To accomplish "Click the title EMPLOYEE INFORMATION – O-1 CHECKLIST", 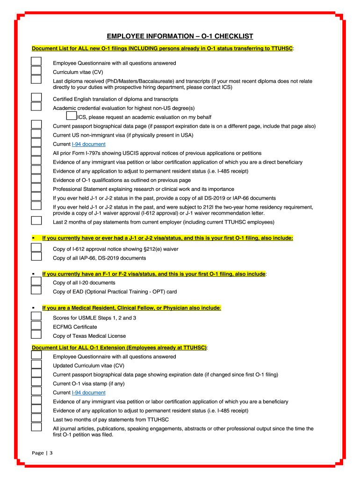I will click(180, 36).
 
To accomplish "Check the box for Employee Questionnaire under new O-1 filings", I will click(36, 62).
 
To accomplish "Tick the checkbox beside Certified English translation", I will click(36, 97).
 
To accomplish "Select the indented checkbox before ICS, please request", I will click(72, 116).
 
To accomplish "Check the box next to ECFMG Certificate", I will click(36, 326).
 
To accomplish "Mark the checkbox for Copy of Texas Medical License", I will click(36, 334).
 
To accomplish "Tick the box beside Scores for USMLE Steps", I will click(36, 317).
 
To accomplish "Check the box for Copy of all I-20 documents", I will click(36, 281).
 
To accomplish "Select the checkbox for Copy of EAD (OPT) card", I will click(36, 290).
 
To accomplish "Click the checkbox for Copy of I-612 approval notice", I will click(36, 248).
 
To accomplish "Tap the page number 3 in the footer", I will click(51, 453).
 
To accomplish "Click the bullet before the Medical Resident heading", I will click(34, 308).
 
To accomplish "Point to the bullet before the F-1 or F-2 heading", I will click(34, 273).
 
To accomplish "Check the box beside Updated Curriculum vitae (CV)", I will click(36, 364).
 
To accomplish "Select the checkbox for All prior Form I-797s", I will click(36, 152).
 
